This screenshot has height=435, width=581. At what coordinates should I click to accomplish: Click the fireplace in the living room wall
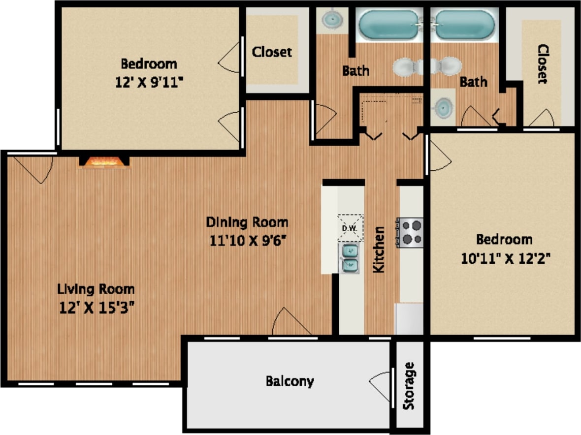(104, 162)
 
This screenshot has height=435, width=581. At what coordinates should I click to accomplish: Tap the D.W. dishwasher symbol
(350, 228)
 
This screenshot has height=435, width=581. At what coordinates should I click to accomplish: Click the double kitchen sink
(350, 258)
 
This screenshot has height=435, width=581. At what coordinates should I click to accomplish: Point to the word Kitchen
(379, 249)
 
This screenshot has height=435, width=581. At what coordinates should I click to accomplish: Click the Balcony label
(290, 381)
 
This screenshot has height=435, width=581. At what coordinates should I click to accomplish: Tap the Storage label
(409, 386)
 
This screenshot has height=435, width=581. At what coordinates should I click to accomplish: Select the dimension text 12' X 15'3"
(96, 307)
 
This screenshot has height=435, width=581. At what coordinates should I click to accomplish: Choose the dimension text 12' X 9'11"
(149, 82)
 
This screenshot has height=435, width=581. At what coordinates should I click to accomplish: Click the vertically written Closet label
(543, 64)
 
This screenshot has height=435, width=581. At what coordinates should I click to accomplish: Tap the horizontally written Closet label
(272, 52)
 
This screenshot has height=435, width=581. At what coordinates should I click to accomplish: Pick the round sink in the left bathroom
(331, 20)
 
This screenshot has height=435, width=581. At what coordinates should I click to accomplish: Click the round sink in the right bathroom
(444, 107)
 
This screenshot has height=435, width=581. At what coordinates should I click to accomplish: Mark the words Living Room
(96, 288)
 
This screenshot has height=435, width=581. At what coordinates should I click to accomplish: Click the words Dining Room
(247, 222)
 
